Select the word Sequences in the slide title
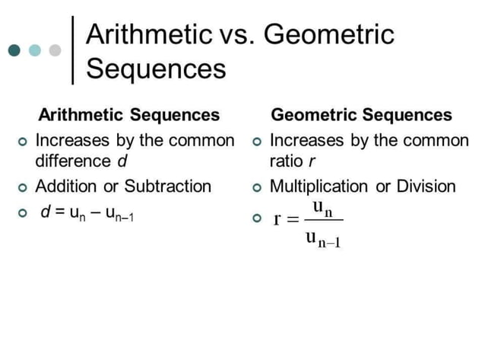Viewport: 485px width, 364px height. coord(156,69)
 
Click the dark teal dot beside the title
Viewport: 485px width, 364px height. coord(15,50)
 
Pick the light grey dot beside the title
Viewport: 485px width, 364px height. coord(55,50)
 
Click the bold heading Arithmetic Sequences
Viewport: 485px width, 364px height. coord(128,115)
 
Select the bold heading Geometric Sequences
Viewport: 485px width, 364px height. coord(361,115)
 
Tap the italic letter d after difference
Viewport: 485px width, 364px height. coord(121,161)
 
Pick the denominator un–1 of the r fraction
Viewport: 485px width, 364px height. coord(322,238)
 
